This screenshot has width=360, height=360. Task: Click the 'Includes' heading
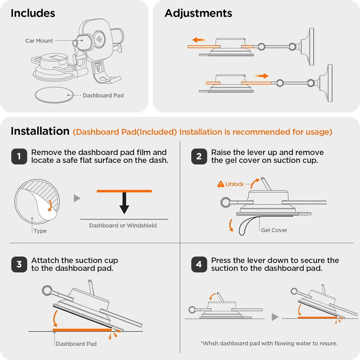click(x=33, y=13)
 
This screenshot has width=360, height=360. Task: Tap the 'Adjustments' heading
click(x=198, y=13)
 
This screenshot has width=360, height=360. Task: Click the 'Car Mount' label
click(x=39, y=41)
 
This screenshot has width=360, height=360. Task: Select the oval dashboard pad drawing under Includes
click(x=54, y=95)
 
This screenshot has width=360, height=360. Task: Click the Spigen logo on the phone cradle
click(x=99, y=39)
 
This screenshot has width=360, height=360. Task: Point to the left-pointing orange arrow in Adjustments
click(x=199, y=40)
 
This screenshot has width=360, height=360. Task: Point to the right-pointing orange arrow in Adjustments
click(x=262, y=76)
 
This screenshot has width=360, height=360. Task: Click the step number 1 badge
click(x=19, y=156)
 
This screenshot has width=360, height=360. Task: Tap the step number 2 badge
click(x=199, y=156)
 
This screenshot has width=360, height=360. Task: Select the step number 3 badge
click(x=19, y=264)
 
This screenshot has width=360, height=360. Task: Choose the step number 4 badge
click(x=199, y=264)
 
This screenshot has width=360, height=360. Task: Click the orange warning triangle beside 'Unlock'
click(x=221, y=184)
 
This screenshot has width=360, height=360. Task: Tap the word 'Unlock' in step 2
click(x=234, y=184)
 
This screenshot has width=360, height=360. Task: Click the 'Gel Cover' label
click(x=274, y=230)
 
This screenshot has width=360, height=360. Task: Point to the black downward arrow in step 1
click(x=124, y=203)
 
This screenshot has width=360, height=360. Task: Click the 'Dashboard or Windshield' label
click(x=123, y=225)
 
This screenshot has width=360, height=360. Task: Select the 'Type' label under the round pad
click(x=40, y=231)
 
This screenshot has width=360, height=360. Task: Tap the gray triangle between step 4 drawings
click(x=275, y=317)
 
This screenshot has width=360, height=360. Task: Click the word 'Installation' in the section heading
click(x=40, y=131)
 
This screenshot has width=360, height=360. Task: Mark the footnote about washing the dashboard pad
click(x=269, y=343)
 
